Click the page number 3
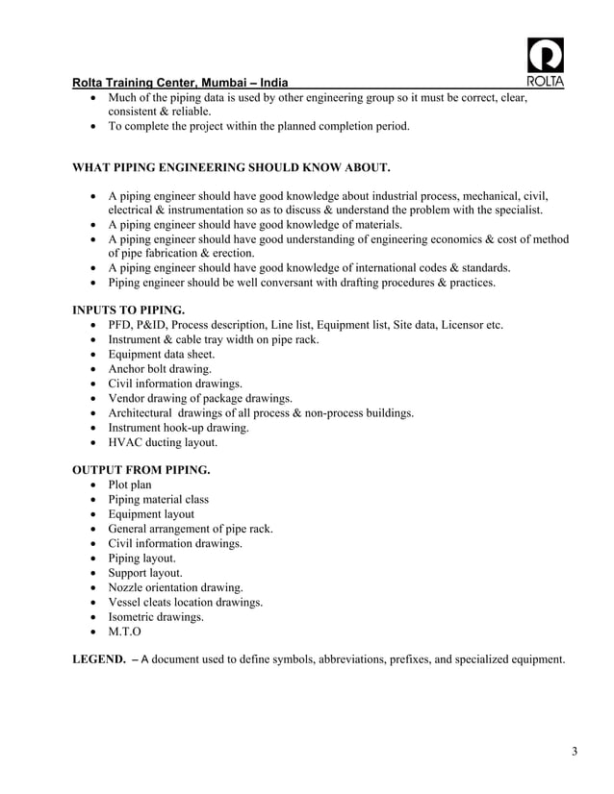click(574, 751)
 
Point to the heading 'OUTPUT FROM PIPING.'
click(141, 470)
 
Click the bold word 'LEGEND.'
click(100, 659)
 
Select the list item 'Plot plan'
click(130, 484)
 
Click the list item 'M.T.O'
click(125, 632)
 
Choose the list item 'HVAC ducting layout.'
click(163, 442)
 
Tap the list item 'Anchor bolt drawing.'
click(160, 368)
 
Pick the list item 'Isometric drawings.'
click(156, 617)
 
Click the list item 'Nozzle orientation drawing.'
click(175, 587)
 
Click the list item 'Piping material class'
click(158, 500)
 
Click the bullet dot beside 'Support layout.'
click(92, 573)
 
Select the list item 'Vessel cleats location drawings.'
click(186, 602)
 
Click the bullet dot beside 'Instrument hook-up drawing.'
click(92, 428)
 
